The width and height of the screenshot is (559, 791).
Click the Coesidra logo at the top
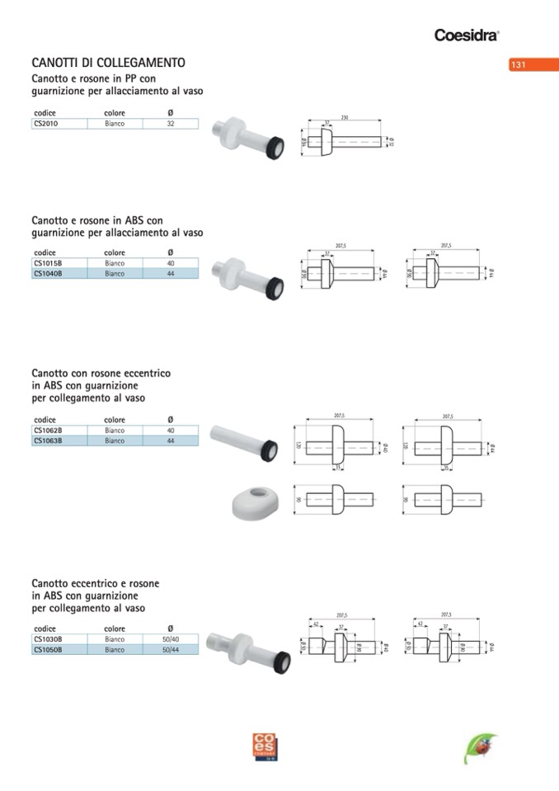[467, 35]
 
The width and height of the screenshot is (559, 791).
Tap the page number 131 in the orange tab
[519, 65]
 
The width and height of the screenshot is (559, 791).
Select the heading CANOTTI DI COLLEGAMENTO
[108, 63]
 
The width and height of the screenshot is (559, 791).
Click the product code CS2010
[47, 124]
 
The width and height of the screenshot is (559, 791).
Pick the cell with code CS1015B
[48, 263]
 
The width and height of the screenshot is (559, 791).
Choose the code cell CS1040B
[48, 273]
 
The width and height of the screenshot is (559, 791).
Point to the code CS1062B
[48, 431]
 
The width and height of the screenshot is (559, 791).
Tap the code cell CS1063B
[48, 441]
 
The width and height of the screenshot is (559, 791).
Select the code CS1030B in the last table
[48, 639]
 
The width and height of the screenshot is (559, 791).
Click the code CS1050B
[48, 650]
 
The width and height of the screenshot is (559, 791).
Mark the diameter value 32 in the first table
[171, 124]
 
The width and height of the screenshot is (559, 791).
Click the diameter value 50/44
[171, 650]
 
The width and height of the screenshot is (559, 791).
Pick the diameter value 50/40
[171, 639]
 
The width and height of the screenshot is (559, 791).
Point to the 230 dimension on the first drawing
[344, 118]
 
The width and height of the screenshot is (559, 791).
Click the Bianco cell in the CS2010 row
[115, 124]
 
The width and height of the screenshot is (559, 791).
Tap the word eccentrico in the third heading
[143, 374]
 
